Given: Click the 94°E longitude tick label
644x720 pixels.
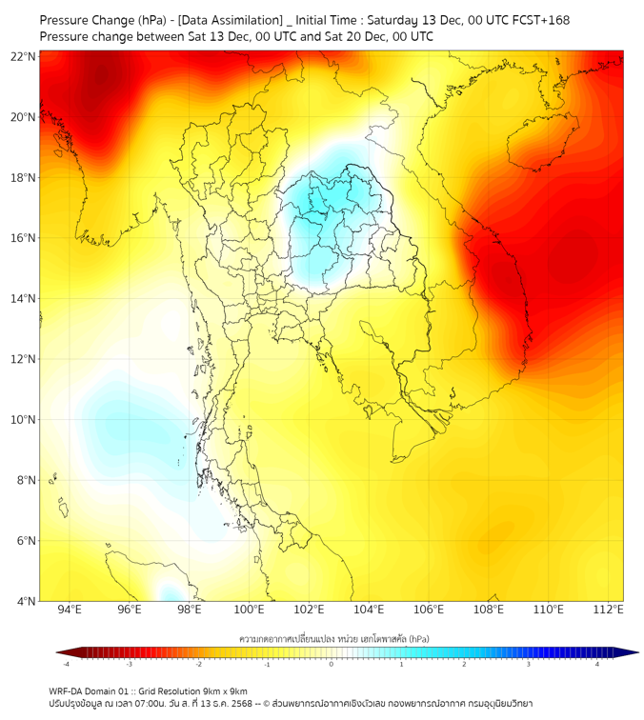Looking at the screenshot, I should pos(70,610).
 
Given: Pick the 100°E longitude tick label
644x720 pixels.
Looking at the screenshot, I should pos(249,610).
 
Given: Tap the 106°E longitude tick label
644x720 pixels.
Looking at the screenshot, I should pos(429,610).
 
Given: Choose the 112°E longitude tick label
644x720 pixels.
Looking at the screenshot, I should pos(609,610).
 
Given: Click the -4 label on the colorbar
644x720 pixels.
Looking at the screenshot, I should pos(65,664).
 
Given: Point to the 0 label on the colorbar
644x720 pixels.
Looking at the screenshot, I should pos(332,664).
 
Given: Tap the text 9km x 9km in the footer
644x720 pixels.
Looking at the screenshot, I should pos(225,690).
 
